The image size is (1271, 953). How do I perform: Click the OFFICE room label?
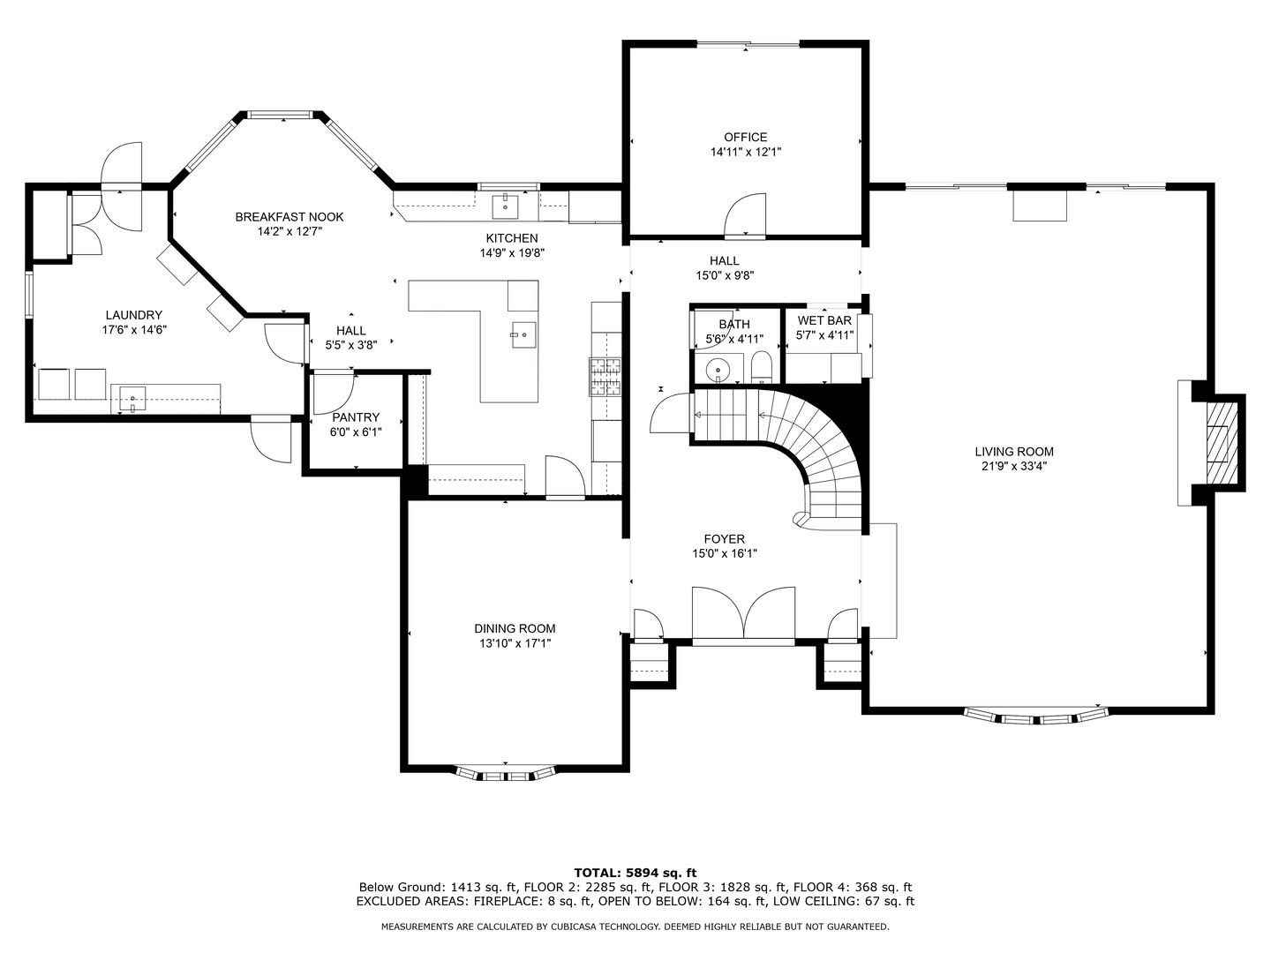[x=745, y=137]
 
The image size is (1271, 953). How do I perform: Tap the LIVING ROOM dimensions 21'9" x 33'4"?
[x=1014, y=467]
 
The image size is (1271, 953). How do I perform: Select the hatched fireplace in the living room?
[x=1222, y=443]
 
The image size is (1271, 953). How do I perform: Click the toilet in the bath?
[x=762, y=367]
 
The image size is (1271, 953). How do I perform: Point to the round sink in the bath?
[x=718, y=368]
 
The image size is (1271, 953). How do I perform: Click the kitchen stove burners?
[x=605, y=378]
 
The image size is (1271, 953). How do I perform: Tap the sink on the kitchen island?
[x=524, y=335]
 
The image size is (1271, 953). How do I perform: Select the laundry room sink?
[x=132, y=399]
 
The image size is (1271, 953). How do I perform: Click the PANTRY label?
[x=356, y=417]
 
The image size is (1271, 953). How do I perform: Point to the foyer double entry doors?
[x=743, y=614]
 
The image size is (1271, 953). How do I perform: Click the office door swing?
[x=745, y=215]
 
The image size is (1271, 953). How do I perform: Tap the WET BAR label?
[x=824, y=320]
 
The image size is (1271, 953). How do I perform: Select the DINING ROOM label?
[x=515, y=628]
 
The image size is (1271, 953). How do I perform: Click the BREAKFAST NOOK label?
[x=289, y=217]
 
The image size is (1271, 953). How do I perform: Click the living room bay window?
[x=1037, y=717]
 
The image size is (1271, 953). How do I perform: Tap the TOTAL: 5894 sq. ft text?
[x=635, y=873]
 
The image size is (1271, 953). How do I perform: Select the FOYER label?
[x=725, y=539]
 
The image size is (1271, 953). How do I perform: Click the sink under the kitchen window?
[x=506, y=206]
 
